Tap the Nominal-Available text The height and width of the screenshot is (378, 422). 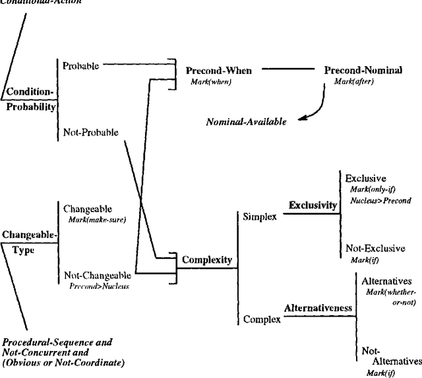click(247, 122)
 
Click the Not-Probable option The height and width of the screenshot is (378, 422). click(90, 132)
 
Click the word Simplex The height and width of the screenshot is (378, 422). click(260, 216)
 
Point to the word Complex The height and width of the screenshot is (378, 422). click(262, 320)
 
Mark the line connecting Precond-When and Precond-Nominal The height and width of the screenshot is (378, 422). click(291, 68)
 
